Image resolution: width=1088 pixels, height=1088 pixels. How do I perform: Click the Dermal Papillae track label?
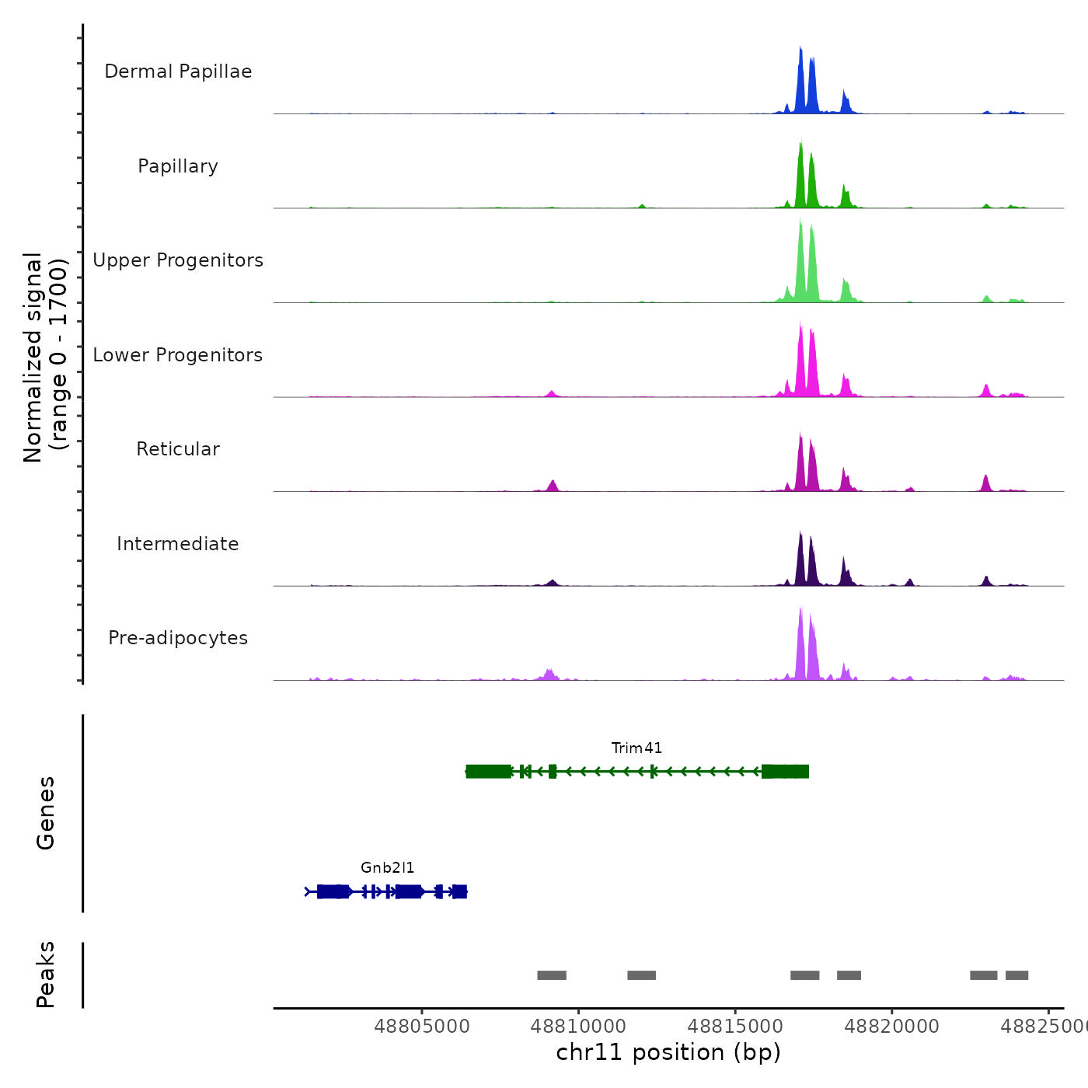click(x=178, y=71)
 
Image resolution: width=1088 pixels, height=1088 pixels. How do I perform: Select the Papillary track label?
click(x=178, y=166)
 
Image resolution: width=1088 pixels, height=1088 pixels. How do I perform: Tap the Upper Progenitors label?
click(x=178, y=260)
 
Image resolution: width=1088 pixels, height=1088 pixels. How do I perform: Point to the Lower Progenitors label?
click(x=178, y=355)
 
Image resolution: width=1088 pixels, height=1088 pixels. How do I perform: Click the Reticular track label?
click(x=178, y=449)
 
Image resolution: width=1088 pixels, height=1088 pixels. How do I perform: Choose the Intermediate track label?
click(x=178, y=544)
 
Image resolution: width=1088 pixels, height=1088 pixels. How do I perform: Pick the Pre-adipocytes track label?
click(x=178, y=638)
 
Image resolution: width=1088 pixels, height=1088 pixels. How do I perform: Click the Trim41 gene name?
click(x=636, y=748)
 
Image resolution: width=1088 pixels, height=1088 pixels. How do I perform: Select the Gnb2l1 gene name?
click(x=387, y=868)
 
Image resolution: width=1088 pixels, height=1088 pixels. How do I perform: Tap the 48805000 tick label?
click(x=422, y=1027)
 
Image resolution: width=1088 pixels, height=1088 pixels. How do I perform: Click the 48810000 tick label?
click(x=579, y=1027)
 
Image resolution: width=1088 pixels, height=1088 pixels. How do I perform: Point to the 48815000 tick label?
click(x=735, y=1027)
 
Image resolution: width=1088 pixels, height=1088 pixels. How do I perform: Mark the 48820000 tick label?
click(x=892, y=1027)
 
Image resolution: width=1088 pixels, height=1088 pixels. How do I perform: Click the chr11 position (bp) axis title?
click(x=668, y=1052)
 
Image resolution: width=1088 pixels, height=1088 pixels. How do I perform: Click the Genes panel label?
click(x=46, y=813)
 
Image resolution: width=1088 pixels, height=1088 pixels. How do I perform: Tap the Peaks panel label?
click(x=46, y=975)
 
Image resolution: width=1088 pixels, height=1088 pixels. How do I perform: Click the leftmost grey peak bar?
click(x=552, y=975)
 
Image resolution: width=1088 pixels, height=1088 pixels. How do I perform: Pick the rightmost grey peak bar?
click(x=1017, y=975)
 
